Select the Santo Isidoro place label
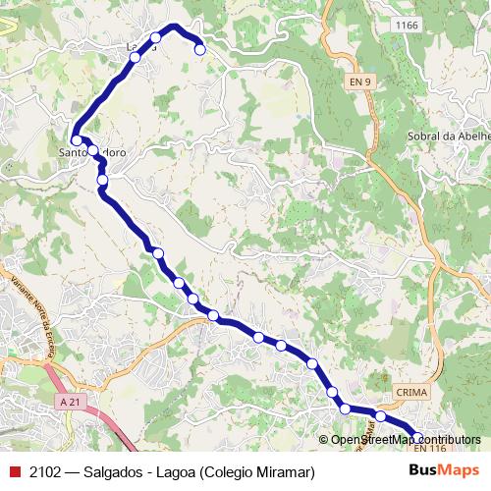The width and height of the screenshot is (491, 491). tap(92, 153)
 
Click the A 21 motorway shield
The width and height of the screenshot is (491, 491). tap(69, 402)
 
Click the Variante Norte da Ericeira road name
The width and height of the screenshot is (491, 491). tap(33, 314)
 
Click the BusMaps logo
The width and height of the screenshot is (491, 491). tap(444, 472)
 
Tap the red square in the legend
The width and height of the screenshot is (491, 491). tap(13, 472)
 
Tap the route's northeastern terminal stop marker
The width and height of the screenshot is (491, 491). tap(199, 49)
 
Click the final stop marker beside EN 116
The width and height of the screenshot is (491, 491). tap(417, 438)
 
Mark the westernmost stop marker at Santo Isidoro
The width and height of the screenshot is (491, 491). tap(77, 140)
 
